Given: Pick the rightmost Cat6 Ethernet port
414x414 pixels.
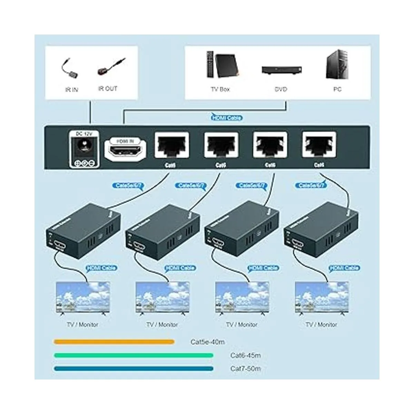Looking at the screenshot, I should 319,145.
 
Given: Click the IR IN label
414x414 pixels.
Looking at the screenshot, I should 71,90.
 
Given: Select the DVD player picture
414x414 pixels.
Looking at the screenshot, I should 281,70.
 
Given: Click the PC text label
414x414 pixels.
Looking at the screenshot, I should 337,89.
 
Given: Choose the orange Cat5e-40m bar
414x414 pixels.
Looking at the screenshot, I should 114,342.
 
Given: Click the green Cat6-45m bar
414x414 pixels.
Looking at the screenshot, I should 134,355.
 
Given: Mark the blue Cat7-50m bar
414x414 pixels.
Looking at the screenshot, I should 134,368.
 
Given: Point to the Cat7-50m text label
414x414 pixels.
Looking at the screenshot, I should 245,368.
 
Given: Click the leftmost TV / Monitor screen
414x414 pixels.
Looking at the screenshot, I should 83,297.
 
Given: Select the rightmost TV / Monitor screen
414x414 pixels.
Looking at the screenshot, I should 322,297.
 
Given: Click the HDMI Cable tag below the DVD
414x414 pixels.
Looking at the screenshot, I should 227,118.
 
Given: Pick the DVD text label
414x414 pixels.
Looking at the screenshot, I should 281,89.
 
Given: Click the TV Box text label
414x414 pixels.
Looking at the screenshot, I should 220,89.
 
